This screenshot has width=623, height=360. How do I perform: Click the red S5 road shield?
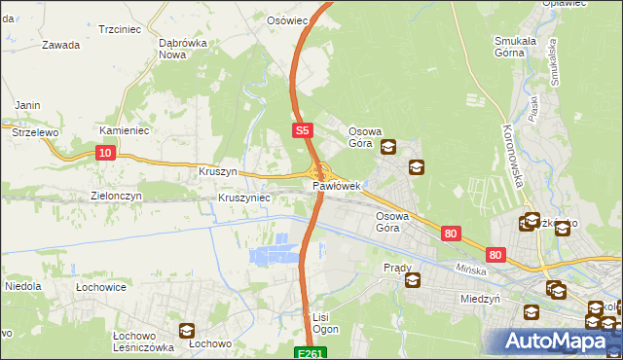coord(303,128)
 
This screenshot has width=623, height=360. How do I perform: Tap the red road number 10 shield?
coord(106,152)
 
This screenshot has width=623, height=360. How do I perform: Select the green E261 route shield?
coord(310,353)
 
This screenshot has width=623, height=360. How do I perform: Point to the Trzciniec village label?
coord(121,30)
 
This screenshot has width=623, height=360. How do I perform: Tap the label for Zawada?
coord(60,45)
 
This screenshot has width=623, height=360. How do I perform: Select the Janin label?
coord(26,105)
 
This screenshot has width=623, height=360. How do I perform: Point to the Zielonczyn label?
coord(117,196)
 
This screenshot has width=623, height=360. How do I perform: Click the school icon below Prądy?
coord(412,281)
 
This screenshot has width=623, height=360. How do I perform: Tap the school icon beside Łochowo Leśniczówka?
coord(186,331)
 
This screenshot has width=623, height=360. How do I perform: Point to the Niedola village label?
coord(21,287)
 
